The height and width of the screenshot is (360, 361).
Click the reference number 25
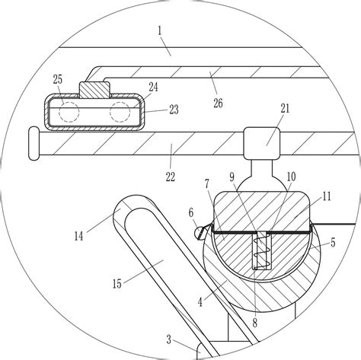coord(58,80)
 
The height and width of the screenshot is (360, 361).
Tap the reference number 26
coord(218,104)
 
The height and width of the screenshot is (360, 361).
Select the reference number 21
coord(285,109)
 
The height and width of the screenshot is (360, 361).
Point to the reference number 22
coord(171,177)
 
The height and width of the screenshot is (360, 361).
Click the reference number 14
coord(78,237)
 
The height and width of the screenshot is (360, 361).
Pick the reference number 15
coord(117,284)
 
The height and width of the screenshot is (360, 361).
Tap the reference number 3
coord(169,340)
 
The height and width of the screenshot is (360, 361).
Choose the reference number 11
coord(327,196)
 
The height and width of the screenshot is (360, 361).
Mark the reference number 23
coord(174,110)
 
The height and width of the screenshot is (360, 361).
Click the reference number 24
coord(153,87)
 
